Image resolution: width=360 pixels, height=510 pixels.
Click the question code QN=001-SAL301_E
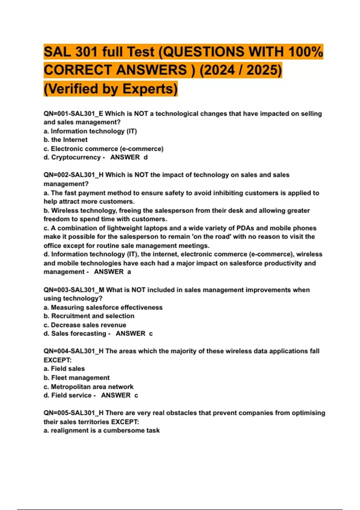[73, 114]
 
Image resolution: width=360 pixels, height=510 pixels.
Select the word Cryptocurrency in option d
[76, 157]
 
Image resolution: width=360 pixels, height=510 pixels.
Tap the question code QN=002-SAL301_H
[73, 175]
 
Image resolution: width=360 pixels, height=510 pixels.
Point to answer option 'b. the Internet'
[65, 140]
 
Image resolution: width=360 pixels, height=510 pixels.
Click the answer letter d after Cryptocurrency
[145, 157]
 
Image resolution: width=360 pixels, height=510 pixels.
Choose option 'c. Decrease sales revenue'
[85, 325]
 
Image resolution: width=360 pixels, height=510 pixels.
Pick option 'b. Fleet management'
[76, 378]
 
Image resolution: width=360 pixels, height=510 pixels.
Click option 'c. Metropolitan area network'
[88, 387]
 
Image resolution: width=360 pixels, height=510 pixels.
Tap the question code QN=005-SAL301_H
[73, 413]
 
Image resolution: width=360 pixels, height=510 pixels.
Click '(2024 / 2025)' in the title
[241, 70]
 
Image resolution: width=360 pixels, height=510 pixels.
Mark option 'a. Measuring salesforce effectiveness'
[103, 307]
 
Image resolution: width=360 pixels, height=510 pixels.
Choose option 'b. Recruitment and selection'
[89, 316]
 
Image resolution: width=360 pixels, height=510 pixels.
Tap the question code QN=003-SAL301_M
[74, 290]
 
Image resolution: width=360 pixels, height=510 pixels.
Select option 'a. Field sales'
[64, 369]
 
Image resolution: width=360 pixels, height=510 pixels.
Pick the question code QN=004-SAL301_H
[73, 351]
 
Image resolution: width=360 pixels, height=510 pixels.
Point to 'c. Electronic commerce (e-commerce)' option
[103, 149]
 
